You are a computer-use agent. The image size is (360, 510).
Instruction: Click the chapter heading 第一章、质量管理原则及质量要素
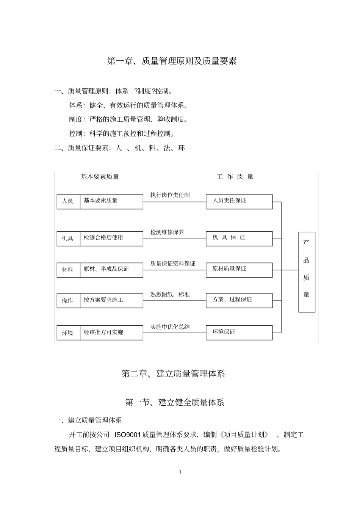point(172,61)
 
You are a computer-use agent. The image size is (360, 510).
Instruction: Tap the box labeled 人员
point(68,201)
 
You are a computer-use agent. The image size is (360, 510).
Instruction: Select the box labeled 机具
point(68,239)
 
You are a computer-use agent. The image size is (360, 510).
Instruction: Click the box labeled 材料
point(68,270)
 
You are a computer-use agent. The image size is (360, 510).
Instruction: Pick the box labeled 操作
point(68,300)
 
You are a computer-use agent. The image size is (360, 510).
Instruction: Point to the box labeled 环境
point(68,333)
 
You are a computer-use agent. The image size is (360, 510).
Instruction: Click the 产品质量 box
point(307,272)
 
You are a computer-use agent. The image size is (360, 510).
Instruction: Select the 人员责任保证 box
point(239,201)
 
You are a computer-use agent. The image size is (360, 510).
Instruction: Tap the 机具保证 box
point(239,239)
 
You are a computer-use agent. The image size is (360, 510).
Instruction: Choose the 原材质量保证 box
point(239,270)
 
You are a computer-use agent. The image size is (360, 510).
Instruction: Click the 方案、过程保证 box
point(239,300)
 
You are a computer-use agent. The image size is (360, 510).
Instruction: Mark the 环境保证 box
point(239,333)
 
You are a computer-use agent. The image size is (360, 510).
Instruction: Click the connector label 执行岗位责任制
point(170,195)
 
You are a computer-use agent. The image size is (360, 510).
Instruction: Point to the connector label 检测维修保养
point(167,232)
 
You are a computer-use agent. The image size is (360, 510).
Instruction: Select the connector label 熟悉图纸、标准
point(170,294)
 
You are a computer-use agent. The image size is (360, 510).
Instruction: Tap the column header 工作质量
point(235,177)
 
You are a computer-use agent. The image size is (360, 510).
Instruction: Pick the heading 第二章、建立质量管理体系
point(173,373)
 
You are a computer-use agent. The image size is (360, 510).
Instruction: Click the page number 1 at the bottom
point(180,472)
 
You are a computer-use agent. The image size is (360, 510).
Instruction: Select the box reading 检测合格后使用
point(111,239)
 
